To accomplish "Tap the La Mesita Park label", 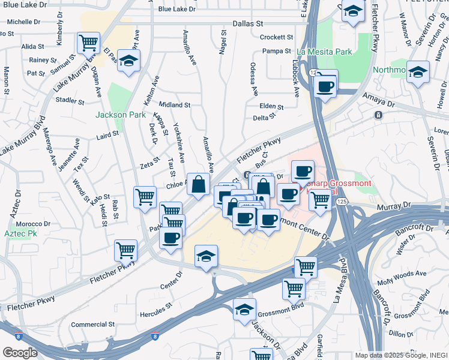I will [x=324, y=52].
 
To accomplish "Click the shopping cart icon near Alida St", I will [x=88, y=43].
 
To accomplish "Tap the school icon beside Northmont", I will [x=418, y=73].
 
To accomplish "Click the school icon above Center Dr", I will [x=206, y=256].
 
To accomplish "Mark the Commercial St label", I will [x=92, y=324].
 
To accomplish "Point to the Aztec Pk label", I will [x=18, y=233].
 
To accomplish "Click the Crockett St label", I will [x=276, y=37].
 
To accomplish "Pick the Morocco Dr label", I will [x=33, y=224].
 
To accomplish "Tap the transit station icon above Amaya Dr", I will [x=378, y=115].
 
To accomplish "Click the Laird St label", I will [x=108, y=136].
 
